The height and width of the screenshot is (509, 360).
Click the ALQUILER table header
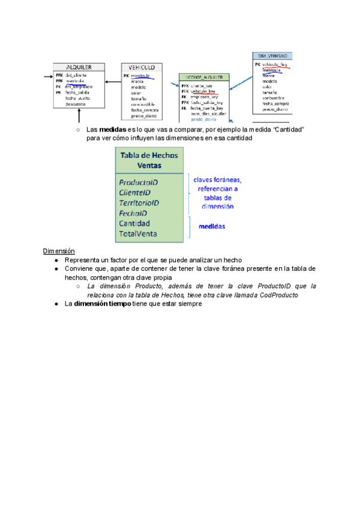[x=78, y=67]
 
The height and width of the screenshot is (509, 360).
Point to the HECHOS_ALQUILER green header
[x=203, y=77]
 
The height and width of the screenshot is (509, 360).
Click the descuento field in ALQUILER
[x=76, y=104]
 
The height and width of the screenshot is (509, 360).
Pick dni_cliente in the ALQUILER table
[x=76, y=75]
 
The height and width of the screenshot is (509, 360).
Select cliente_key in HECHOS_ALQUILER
[x=201, y=85]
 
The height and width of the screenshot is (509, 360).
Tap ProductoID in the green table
[x=138, y=182]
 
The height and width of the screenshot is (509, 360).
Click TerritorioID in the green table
[x=139, y=203]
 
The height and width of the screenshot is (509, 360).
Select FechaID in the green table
[x=133, y=213]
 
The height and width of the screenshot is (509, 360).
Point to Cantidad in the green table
[x=134, y=223]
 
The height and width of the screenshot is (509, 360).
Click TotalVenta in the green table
[x=138, y=233]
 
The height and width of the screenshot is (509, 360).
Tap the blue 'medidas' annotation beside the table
[x=212, y=226]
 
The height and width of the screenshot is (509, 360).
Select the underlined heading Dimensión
[x=58, y=250]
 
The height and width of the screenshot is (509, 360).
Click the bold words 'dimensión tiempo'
[x=98, y=304]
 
